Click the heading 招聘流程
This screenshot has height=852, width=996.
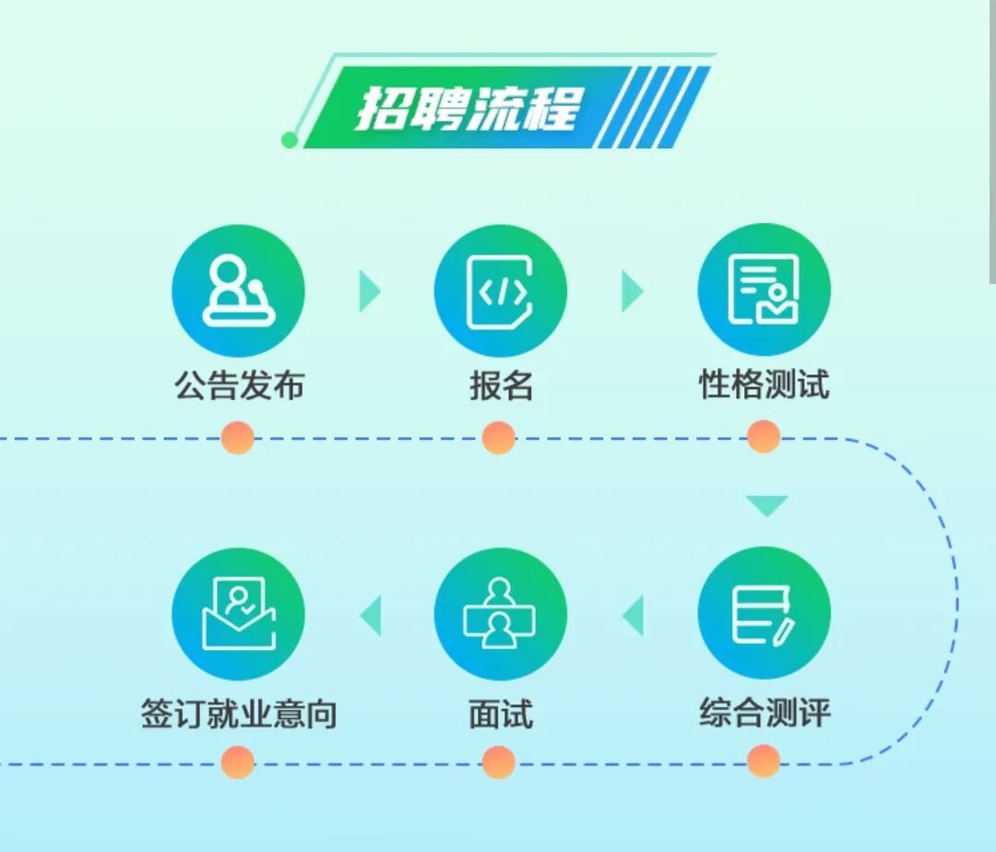pos(468,109)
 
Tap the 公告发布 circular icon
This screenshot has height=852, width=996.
pos(238,291)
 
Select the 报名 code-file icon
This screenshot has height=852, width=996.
pos(500,291)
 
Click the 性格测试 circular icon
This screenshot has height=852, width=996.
pos(764,290)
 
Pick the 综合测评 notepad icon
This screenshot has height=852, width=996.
pos(764,614)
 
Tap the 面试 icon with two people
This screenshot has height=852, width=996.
pos(500,614)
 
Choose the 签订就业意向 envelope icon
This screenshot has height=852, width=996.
pos(238,614)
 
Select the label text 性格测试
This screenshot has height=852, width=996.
pos(764,385)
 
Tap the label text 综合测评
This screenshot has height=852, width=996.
pos(765,714)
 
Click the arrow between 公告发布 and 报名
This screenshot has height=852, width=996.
pos(369,291)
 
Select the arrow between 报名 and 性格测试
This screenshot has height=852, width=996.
pos(632,291)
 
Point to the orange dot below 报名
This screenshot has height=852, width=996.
pos(499,437)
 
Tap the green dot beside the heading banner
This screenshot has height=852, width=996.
pos(290,140)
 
